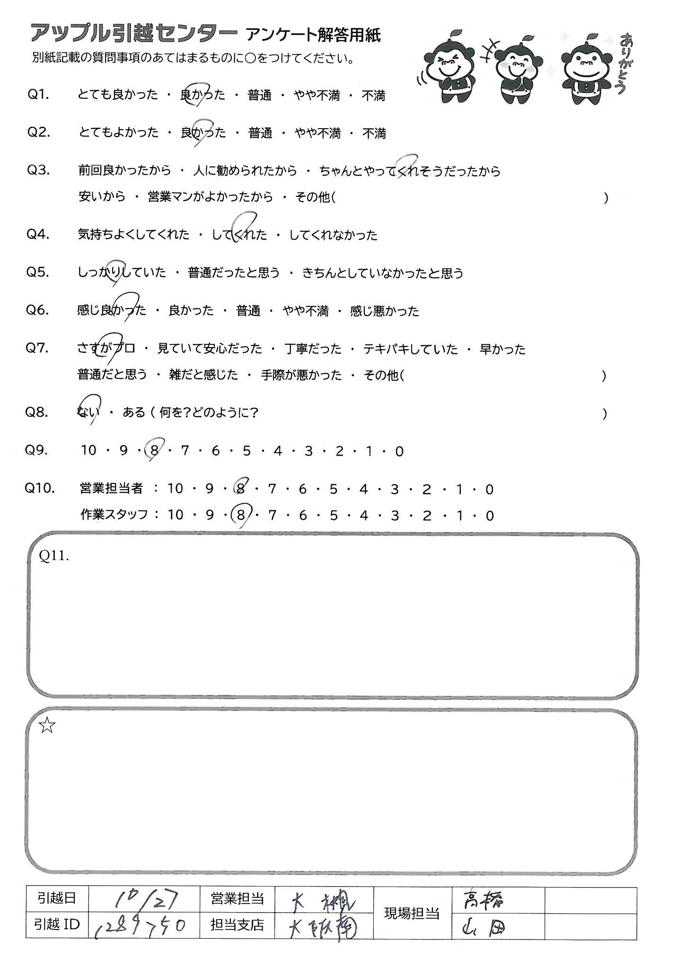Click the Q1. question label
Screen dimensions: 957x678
point(38,95)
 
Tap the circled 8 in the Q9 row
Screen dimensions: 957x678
point(154,450)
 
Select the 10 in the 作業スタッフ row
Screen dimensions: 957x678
point(175,515)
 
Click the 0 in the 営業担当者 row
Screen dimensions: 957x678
point(489,489)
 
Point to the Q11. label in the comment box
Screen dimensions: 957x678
point(54,556)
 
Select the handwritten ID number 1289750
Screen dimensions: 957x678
point(140,924)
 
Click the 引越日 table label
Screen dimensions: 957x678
point(57,898)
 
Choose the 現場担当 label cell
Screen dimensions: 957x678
point(412,913)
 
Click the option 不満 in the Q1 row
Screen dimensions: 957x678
point(373,96)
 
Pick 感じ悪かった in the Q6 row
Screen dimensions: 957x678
point(384,311)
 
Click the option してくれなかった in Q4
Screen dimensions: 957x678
point(333,235)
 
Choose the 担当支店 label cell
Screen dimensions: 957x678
point(237,925)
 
